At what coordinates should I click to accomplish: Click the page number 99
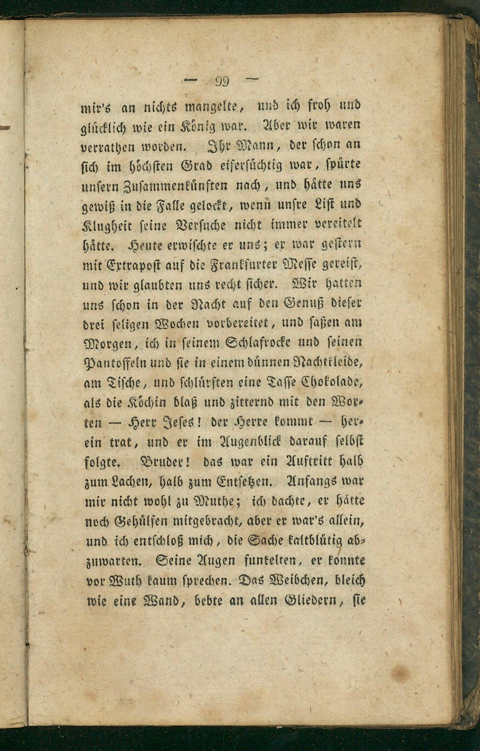(222, 81)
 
